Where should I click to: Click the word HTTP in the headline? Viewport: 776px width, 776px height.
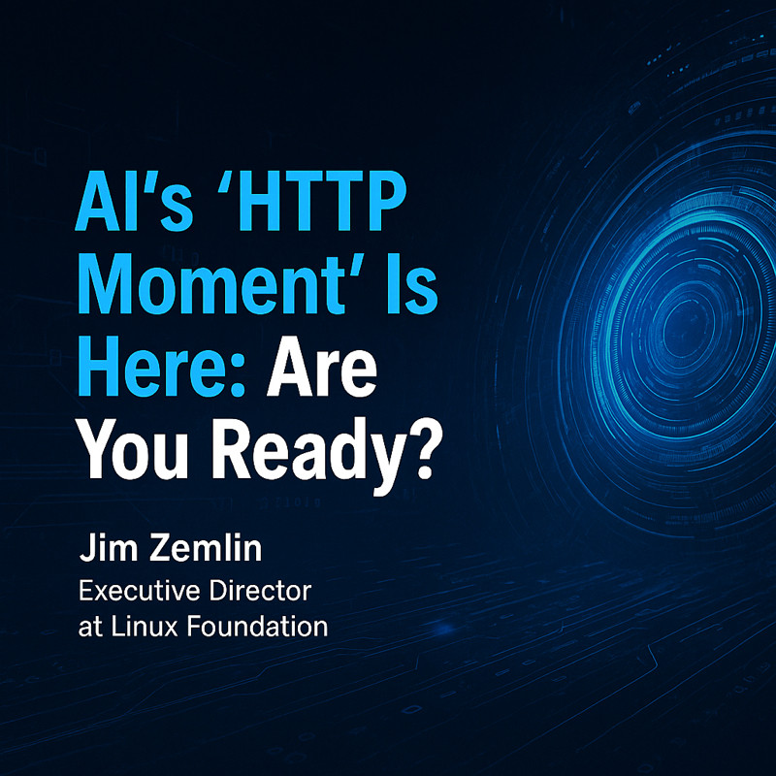(323, 201)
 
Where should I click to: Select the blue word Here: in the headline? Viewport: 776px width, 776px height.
(162, 367)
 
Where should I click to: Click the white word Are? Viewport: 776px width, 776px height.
(322, 367)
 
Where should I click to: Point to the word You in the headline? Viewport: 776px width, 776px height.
(134, 449)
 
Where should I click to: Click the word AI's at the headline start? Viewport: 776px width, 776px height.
(134, 201)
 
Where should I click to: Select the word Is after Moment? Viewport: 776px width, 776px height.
(412, 283)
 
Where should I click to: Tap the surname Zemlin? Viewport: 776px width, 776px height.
(206, 548)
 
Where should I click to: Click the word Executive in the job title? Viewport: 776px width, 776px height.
(139, 591)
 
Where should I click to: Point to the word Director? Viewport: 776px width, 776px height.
(260, 591)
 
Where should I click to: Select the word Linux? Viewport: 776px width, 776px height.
(145, 626)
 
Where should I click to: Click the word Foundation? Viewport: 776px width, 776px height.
(257, 626)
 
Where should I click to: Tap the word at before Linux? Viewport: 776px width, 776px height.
(90, 628)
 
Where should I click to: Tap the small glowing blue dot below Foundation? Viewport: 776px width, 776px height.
(446, 629)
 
